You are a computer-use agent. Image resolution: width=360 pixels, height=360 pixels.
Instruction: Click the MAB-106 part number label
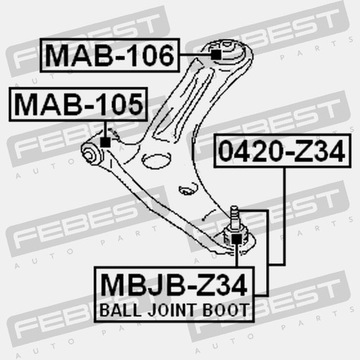(108, 54)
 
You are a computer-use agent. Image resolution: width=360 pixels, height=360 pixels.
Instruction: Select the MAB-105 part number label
(76, 103)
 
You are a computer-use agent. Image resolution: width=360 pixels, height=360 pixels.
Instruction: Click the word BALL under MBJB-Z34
(122, 309)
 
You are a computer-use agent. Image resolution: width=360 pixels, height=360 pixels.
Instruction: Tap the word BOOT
(226, 309)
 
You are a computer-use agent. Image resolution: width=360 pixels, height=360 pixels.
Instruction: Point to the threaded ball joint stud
(237, 214)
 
